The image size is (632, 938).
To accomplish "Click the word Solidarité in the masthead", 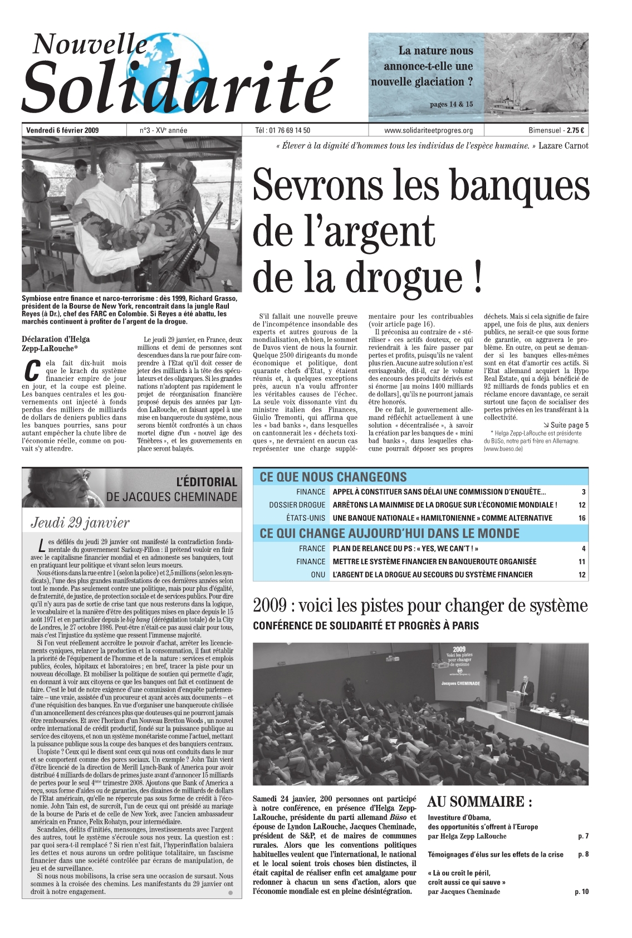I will coord(178,86).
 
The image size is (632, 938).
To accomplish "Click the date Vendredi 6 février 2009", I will coord(62,130).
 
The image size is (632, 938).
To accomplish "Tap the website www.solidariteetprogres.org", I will coord(428,130).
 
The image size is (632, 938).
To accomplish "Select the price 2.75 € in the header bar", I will coord(575,130).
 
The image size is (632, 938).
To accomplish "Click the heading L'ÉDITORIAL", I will coord(206,482).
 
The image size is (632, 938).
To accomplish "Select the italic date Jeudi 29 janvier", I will coord(80,522).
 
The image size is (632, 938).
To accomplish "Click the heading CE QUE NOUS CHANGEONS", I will coord(333,477).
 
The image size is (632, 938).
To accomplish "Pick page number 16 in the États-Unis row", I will coord(582,518).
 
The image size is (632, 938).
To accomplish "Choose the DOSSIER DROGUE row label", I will coord(297,505).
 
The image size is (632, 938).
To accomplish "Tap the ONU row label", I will coord(318,575).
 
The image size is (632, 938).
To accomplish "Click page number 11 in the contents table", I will coord(582,561).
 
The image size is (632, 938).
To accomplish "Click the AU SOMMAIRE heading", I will coord(479,802).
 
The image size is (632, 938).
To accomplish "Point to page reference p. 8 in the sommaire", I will coord(583,854).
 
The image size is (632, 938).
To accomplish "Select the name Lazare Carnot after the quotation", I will coord(563,146).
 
